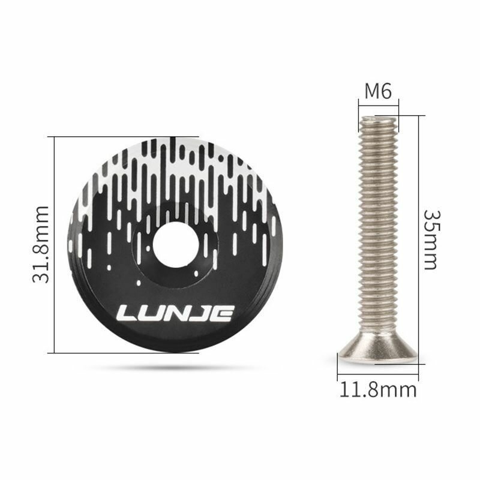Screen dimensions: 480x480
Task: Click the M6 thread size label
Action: (x=378, y=91)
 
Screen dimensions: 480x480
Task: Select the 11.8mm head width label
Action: (x=378, y=390)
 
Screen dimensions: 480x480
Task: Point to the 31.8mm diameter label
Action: (x=41, y=245)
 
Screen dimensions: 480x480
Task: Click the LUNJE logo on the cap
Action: (x=175, y=313)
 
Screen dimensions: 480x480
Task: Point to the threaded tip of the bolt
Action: (x=379, y=119)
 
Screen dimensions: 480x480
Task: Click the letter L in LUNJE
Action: (x=126, y=313)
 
